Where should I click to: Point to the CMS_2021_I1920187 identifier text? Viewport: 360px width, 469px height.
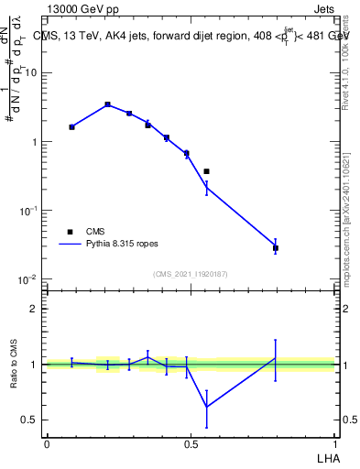190,274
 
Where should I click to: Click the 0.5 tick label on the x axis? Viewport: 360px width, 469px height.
191,443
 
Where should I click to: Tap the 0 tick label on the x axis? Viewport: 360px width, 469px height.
47,443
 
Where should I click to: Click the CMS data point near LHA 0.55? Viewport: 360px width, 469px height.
207,171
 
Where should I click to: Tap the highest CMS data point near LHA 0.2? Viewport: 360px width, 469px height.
107,104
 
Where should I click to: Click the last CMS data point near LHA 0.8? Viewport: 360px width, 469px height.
276,248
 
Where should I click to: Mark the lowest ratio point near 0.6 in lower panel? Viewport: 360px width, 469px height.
207,407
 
